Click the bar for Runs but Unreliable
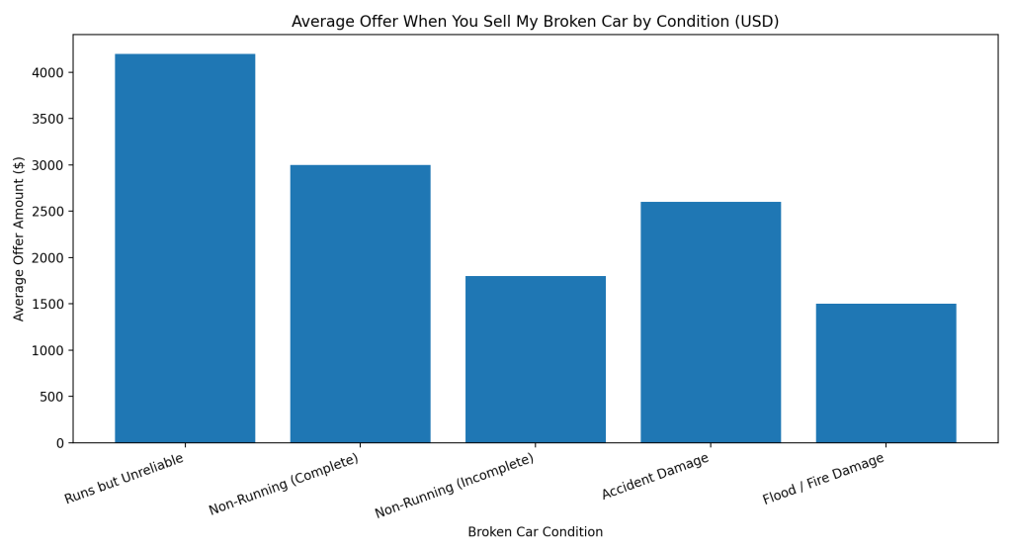tap(185, 247)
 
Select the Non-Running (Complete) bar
tap(360, 303)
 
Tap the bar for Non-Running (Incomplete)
tap(536, 358)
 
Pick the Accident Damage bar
tap(711, 322)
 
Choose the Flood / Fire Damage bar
tap(885, 372)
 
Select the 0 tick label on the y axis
tap(60, 443)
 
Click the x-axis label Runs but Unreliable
tap(125, 479)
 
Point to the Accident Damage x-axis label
tap(655, 477)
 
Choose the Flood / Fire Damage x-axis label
tap(823, 480)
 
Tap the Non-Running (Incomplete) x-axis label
tap(455, 487)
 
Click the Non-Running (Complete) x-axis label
tap(284, 485)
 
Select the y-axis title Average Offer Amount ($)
tap(19, 238)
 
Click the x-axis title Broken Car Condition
tap(535, 532)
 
